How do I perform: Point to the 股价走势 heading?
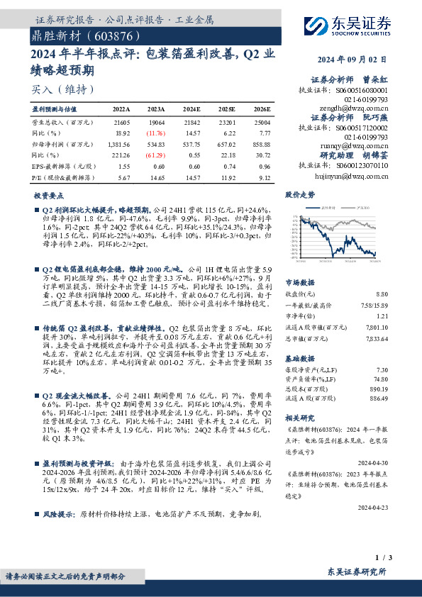pyautogui.click(x=298, y=194)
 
